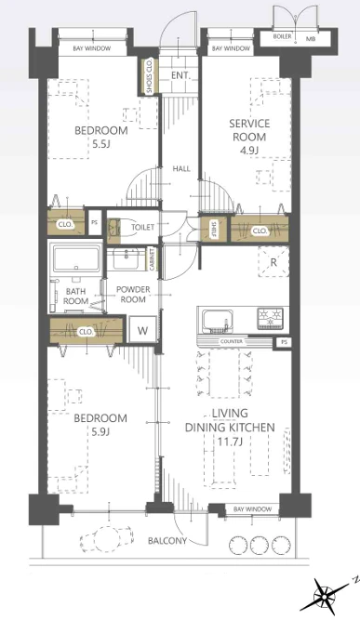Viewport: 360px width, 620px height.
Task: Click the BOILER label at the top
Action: (282, 36)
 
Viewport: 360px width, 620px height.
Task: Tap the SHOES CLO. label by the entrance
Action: (149, 76)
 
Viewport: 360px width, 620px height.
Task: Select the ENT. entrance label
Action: (180, 75)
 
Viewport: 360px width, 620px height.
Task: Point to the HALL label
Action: (181, 169)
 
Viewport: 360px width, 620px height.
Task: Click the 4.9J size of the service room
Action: (249, 151)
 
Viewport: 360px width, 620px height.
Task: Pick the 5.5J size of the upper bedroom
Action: (100, 143)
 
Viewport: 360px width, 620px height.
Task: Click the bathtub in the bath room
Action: (76, 258)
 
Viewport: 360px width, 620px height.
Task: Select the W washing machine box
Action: (142, 330)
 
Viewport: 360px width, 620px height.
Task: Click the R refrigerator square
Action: (273, 261)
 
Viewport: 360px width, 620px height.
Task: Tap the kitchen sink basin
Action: (217, 321)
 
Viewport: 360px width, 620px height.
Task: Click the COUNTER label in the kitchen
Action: (232, 341)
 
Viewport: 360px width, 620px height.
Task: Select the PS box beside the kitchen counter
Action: (284, 342)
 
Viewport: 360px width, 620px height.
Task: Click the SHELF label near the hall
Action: (214, 229)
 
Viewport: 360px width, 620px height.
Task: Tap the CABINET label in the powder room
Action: (152, 259)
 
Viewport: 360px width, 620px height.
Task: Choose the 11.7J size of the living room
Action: (230, 441)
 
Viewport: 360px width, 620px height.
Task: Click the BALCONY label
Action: (167, 540)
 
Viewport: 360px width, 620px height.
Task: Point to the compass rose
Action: (325, 595)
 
